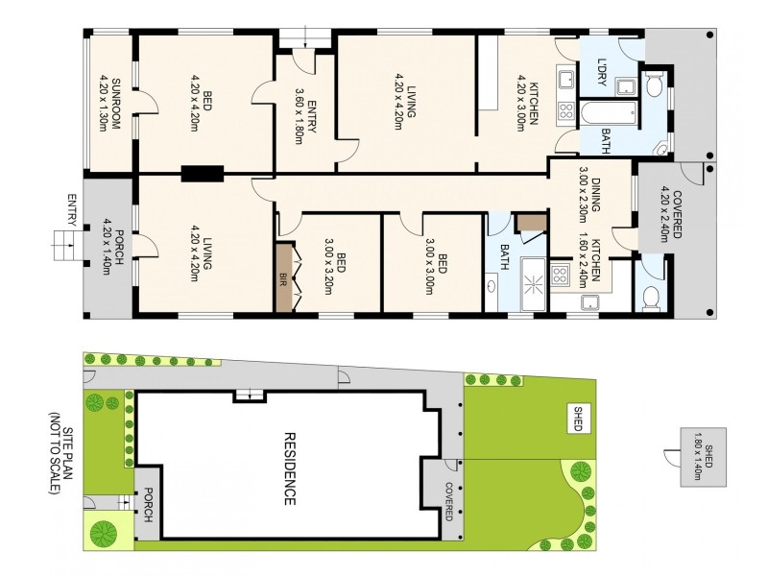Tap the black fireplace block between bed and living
point(202,174)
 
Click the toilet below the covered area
point(649,298)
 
